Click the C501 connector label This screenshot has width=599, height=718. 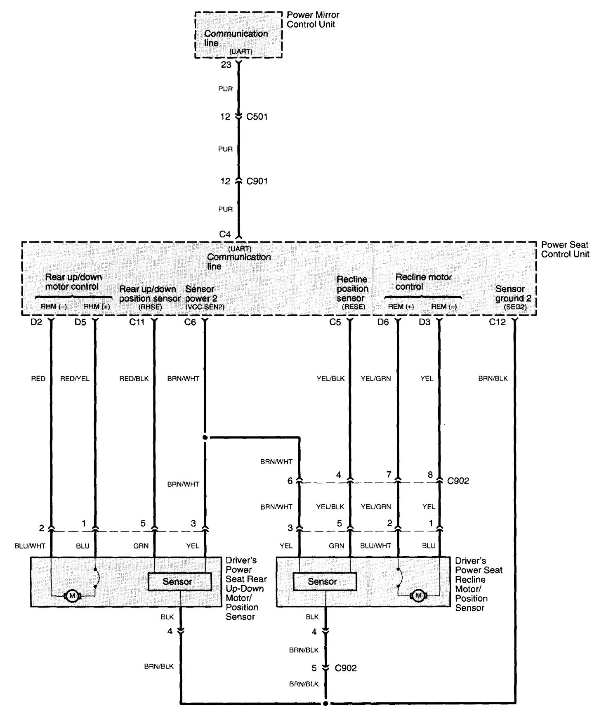click(257, 117)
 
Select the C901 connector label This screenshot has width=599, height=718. click(257, 181)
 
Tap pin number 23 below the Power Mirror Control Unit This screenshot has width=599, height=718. click(226, 65)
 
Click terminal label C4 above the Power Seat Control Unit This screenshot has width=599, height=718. click(225, 234)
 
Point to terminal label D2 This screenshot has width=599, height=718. click(36, 322)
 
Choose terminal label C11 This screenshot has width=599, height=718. click(137, 322)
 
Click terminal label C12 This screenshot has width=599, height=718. click(497, 322)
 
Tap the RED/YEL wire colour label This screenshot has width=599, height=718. click(75, 378)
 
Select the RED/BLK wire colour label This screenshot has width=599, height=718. click(134, 378)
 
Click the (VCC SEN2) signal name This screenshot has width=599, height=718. click(205, 307)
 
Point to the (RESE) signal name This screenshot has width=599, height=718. click(354, 307)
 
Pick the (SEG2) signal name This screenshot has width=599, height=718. click(515, 307)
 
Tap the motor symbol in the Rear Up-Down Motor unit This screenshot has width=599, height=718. click(73, 596)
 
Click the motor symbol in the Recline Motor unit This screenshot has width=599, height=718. click(419, 596)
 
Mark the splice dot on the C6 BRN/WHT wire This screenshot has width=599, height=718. click(205, 437)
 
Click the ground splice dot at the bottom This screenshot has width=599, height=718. click(326, 703)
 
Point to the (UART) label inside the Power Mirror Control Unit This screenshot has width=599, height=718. click(241, 52)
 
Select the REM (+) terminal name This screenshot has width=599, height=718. click(401, 307)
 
